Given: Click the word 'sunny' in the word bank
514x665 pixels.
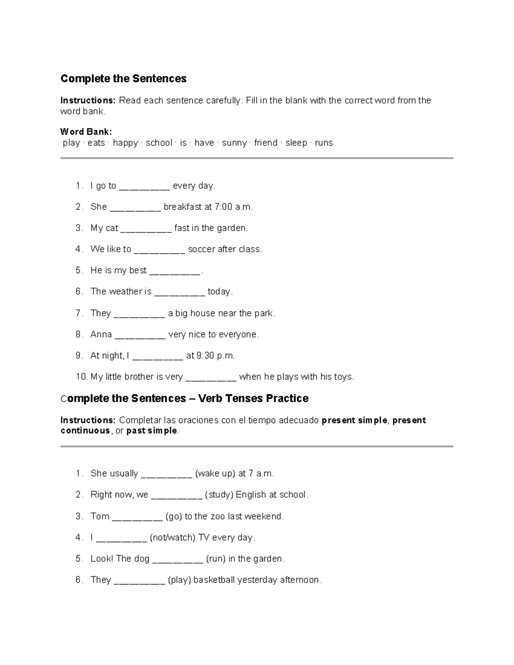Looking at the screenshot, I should tap(234, 143).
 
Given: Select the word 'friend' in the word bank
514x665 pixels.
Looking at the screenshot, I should tap(266, 143).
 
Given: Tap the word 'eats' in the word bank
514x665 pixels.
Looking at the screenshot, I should tap(96, 143).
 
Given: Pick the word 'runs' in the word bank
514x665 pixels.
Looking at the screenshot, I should tap(324, 143).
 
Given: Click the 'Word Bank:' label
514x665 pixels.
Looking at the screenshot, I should tap(86, 131).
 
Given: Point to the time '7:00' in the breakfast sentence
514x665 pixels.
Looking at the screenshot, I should tap(224, 207).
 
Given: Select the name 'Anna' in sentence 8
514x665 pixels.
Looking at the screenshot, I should tap(101, 334).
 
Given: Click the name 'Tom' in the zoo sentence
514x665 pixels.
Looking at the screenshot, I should tap(100, 516).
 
